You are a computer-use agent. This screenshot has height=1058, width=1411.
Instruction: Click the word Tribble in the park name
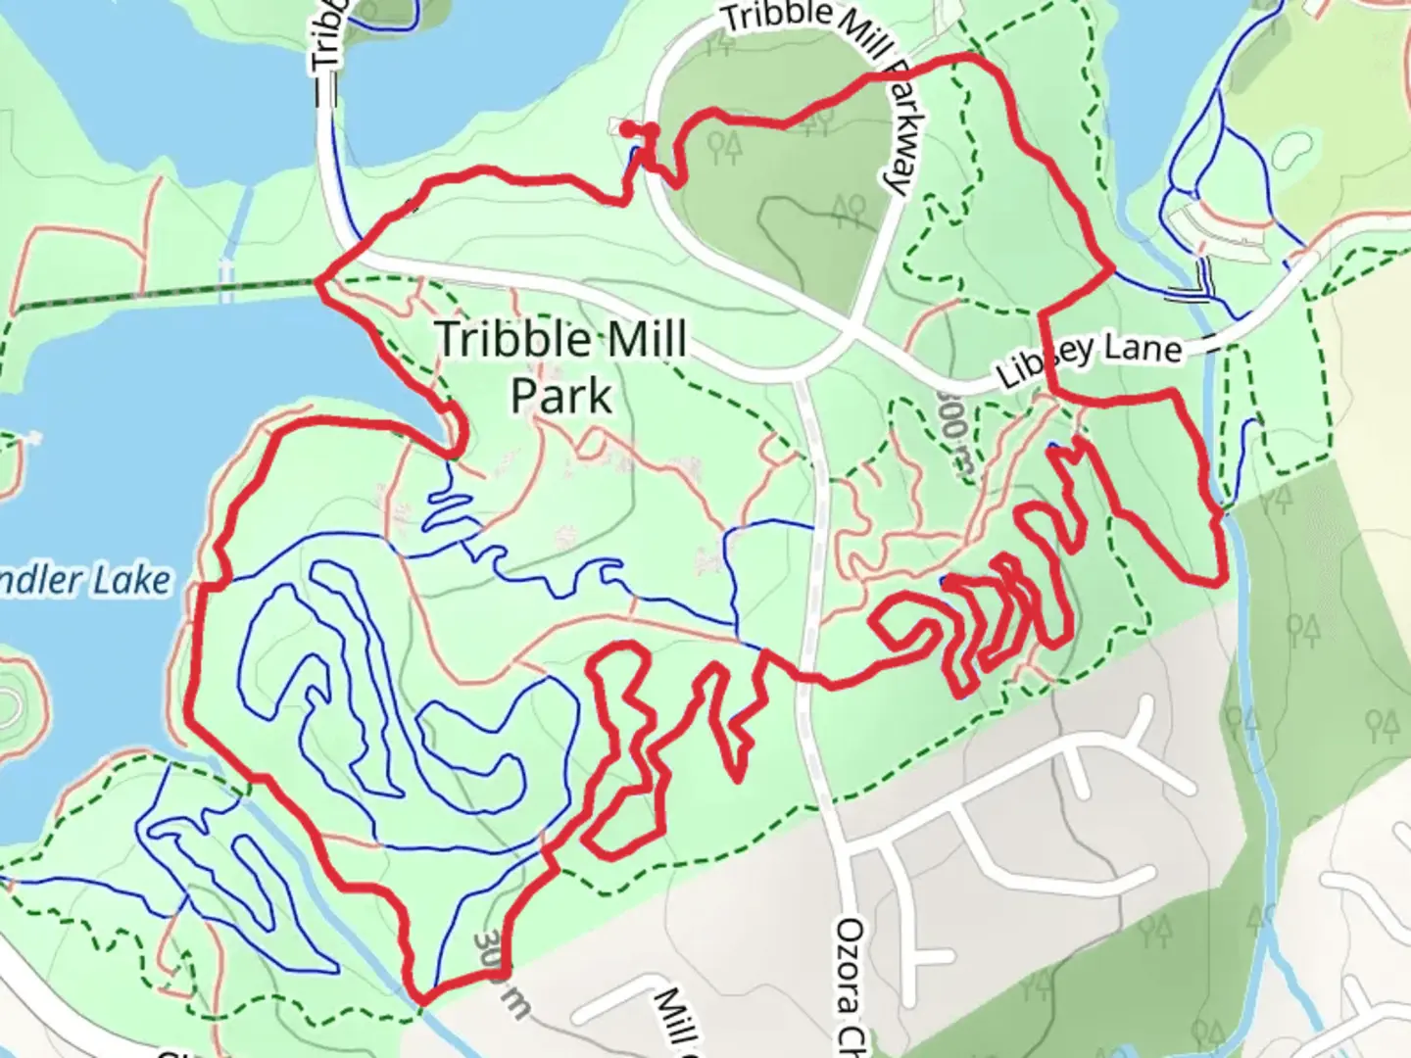[x=505, y=339]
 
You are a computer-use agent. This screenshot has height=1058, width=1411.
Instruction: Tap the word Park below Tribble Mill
[x=561, y=396]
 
